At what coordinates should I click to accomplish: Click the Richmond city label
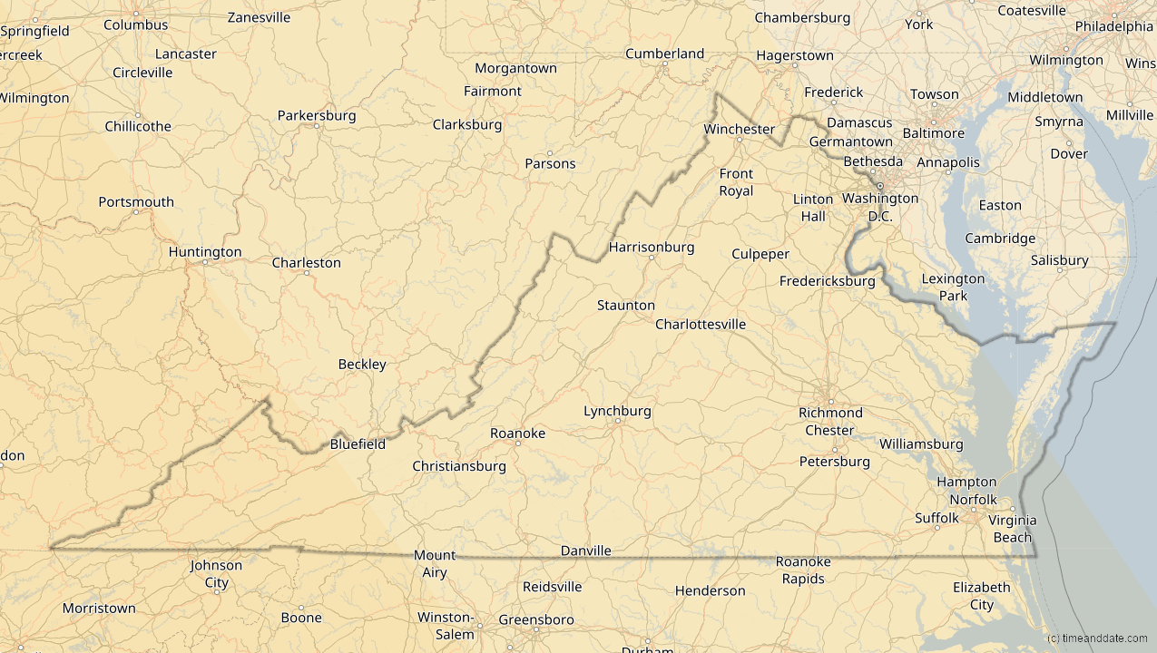pos(830,413)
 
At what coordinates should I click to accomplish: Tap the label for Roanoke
pos(517,434)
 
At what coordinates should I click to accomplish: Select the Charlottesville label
pos(701,324)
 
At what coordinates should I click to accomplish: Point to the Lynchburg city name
pos(617,411)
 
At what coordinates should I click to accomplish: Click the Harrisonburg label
pos(651,247)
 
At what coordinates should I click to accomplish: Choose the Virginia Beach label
pos(1012,529)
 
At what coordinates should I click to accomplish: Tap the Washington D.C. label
pos(879,207)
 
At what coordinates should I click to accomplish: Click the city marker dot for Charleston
pos(307,273)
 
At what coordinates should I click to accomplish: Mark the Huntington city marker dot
pos(205,262)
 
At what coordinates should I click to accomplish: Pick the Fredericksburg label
pos(827,281)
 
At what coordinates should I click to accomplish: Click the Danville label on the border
pos(585,551)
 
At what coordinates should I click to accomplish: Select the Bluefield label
pos(358,444)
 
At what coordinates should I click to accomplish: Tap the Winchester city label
pos(739,129)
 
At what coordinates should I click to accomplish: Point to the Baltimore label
pos(933,133)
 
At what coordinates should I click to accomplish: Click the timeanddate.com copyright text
pos(1096,638)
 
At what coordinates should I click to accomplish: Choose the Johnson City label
pos(216,574)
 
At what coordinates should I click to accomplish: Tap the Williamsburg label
pos(920,444)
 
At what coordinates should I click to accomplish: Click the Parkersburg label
pos(316,115)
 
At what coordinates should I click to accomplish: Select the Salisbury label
pos(1059,260)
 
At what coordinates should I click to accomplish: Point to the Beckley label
pos(362,365)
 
